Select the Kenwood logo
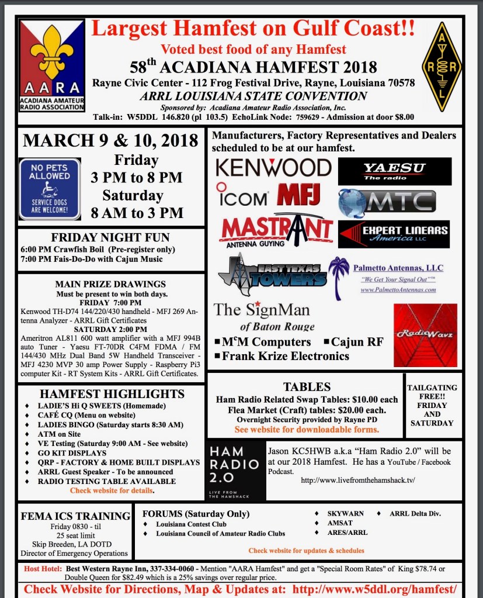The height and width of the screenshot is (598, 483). pyautogui.click(x=273, y=167)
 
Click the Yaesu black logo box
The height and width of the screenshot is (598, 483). pyautogui.click(x=395, y=171)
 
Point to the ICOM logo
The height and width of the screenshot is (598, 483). pyautogui.click(x=242, y=196)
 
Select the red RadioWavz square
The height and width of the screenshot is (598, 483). pyautogui.click(x=425, y=335)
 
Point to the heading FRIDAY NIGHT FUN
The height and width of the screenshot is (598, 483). pyautogui.click(x=110, y=237)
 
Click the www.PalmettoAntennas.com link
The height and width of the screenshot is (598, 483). pyautogui.click(x=398, y=289)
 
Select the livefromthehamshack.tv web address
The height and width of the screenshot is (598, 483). pyautogui.click(x=357, y=480)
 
